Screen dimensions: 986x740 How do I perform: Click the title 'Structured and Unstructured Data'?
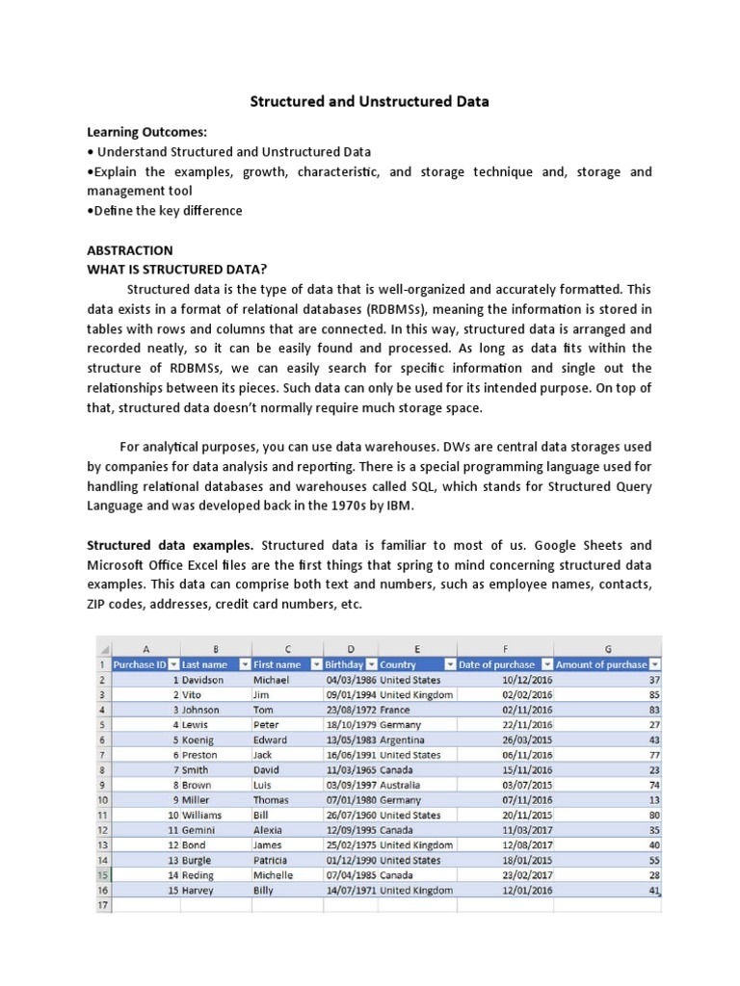(370, 100)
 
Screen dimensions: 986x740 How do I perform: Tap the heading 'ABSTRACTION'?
(130, 249)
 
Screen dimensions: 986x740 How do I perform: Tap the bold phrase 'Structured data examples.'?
(171, 544)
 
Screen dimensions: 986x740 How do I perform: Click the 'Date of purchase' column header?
(497, 664)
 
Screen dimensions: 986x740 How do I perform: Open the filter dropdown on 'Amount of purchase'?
(655, 664)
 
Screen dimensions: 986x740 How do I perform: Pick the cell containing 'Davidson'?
(202, 680)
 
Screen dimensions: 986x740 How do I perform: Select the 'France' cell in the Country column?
(395, 710)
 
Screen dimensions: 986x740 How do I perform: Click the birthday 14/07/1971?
(351, 891)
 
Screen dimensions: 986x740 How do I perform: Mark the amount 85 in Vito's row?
(652, 694)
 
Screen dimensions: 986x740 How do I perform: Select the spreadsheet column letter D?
(350, 648)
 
